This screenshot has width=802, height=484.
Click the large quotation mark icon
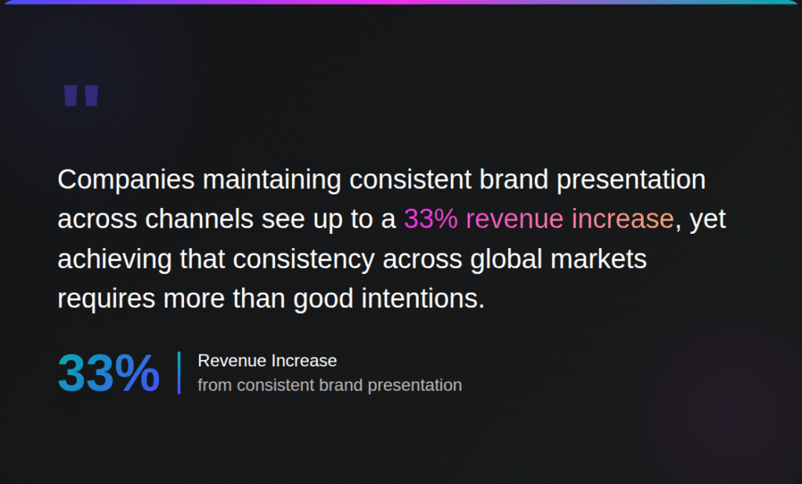pyautogui.click(x=81, y=96)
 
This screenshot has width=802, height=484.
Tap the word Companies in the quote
pyautogui.click(x=125, y=180)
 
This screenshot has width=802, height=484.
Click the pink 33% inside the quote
pyautogui.click(x=431, y=220)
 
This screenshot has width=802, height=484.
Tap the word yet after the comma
pyautogui.click(x=708, y=220)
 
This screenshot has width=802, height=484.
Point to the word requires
pyautogui.click(x=107, y=299)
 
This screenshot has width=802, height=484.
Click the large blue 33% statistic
pyautogui.click(x=109, y=373)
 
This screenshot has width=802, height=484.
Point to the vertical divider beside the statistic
pyautogui.click(x=179, y=373)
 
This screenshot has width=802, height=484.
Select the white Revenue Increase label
pyautogui.click(x=267, y=361)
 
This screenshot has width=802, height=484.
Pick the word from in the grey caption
pyautogui.click(x=215, y=385)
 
